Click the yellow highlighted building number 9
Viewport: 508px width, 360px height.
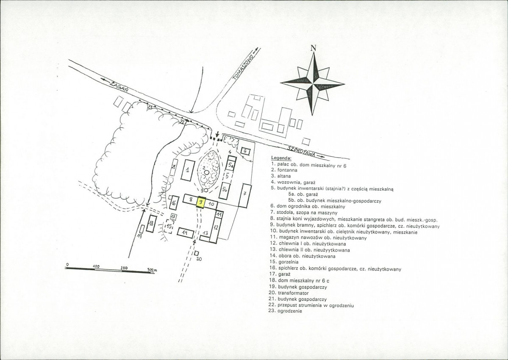coord(201,202)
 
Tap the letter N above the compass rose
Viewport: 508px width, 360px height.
coord(313,48)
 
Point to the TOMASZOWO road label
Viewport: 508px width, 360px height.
coord(244,68)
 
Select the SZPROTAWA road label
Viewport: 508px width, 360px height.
coord(301,152)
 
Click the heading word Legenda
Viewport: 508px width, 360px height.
coord(281,158)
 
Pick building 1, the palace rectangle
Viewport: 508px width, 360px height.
coord(187,170)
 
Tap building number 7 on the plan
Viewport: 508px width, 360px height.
coord(245,195)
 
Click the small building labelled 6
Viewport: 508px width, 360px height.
coord(245,151)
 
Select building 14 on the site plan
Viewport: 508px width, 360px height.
coord(186,233)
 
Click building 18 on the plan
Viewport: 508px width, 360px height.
coord(151,223)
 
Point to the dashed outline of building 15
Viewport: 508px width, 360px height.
coord(169,226)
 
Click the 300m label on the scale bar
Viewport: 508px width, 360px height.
coord(152,270)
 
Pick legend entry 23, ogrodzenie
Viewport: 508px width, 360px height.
coord(286,311)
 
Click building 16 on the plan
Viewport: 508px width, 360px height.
coord(175,203)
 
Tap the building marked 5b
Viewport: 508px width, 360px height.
coord(224,191)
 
